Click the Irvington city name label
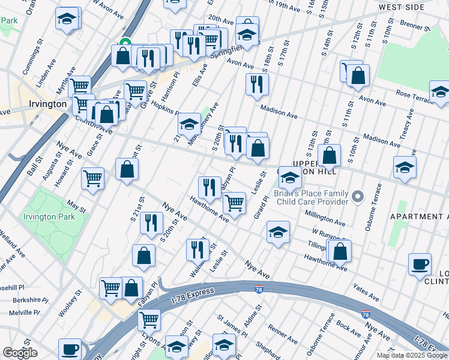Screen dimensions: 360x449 [47, 104]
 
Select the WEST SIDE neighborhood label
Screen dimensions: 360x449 [406, 7]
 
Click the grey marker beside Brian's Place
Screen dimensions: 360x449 [358, 196]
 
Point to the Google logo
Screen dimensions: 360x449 [20, 353]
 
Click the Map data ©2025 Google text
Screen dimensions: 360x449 [412, 355]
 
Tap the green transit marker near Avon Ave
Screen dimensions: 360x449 [125, 43]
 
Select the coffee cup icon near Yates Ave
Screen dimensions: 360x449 [420, 264]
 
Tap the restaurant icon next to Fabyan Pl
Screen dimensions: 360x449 [209, 187]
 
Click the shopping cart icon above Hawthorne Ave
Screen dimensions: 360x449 [234, 202]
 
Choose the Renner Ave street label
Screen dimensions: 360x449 [283, 329]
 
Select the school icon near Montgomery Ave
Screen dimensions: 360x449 [190, 124]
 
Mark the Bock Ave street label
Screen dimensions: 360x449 [349, 328]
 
